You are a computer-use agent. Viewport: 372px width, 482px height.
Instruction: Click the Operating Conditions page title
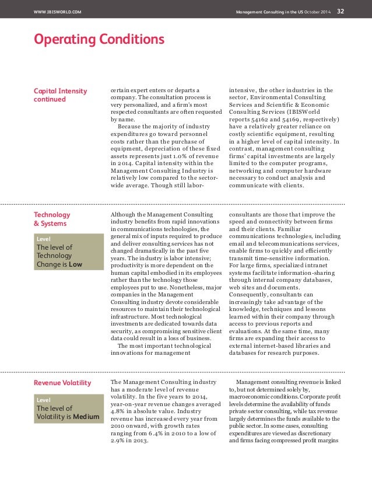tap(99, 40)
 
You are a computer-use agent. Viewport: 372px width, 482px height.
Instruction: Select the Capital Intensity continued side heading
tap(61, 95)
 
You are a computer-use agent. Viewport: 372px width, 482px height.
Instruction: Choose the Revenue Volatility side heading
tap(62, 383)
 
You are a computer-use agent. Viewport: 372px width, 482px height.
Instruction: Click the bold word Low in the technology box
tap(75, 264)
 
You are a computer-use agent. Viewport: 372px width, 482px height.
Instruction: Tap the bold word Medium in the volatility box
tap(81, 417)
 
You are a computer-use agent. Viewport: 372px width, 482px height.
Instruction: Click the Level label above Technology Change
tap(44, 239)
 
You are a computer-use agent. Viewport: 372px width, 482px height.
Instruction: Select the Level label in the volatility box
tap(44, 400)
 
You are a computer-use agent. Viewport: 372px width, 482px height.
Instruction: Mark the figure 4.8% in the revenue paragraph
tap(119, 409)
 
